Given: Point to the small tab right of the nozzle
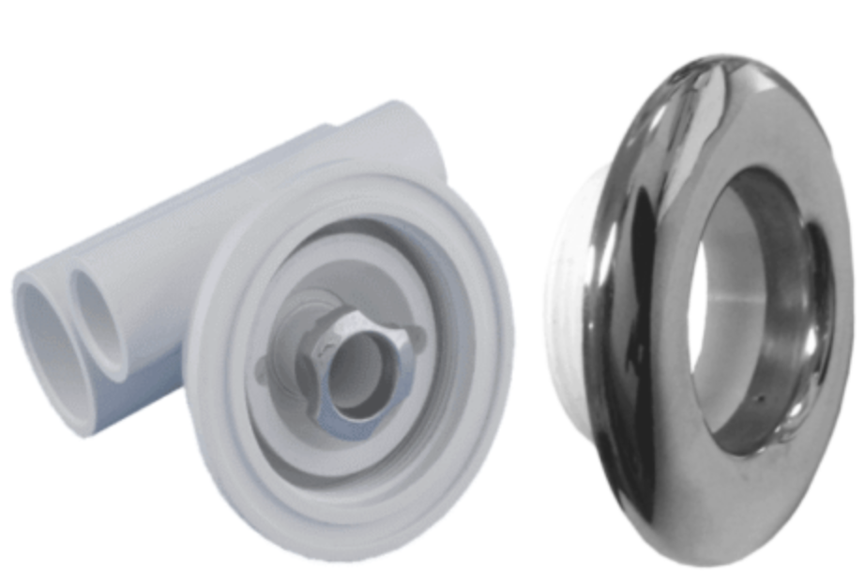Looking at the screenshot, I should (418, 333).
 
